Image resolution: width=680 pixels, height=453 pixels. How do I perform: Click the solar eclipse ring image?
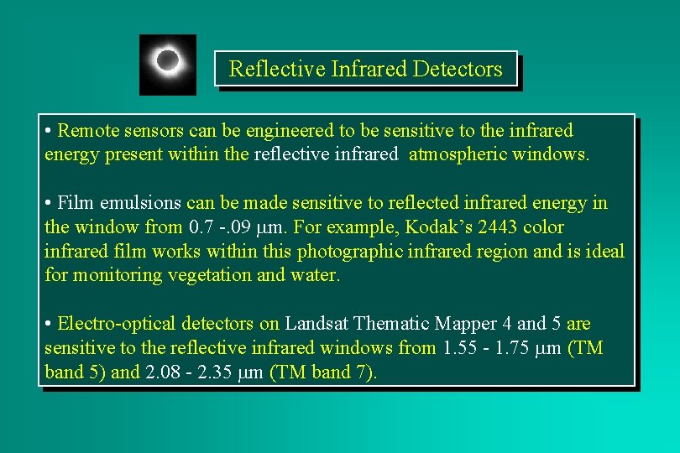pyautogui.click(x=168, y=64)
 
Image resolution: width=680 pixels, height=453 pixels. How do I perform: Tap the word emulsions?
pyautogui.click(x=141, y=203)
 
